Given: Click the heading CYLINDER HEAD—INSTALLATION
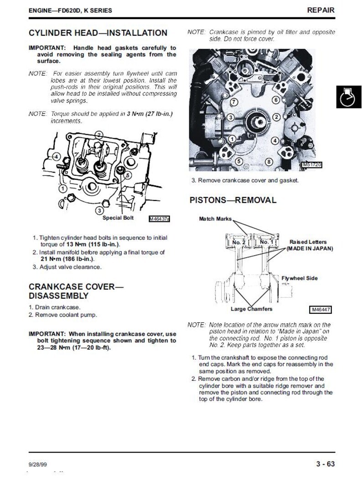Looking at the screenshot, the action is [98, 33].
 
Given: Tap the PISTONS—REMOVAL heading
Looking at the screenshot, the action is [233, 200].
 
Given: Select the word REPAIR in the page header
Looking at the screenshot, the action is [321, 10].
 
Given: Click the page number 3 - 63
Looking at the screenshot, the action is [326, 464].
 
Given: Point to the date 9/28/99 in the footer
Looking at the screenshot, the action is [38, 464].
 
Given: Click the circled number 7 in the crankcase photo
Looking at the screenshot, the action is [234, 102].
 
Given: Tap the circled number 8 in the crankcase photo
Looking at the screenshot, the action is [269, 162].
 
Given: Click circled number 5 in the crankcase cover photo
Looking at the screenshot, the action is [239, 161].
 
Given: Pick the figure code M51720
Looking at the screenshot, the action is [312, 165].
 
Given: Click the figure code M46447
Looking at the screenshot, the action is [320, 310].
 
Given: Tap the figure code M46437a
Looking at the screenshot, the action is [159, 219].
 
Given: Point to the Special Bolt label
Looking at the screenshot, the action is [118, 218].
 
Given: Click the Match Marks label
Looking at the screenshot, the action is [215, 219].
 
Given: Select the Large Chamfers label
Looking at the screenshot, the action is [251, 309].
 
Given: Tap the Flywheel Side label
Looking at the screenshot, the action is [300, 278].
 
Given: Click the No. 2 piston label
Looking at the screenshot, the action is [239, 242].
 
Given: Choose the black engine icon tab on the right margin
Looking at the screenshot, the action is [349, 97].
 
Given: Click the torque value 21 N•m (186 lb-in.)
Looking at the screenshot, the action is [67, 259].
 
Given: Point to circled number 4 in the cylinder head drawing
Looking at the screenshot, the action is [56, 157].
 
